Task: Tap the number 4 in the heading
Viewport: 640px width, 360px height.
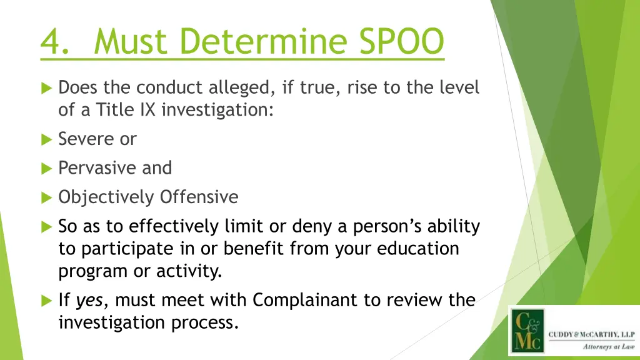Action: (50, 42)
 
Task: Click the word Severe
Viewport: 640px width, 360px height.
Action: (87, 139)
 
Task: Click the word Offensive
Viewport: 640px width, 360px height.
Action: (199, 197)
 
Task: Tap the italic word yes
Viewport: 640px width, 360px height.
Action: (89, 301)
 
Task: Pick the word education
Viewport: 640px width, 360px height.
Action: (417, 249)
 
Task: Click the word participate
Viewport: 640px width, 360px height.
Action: (121, 249)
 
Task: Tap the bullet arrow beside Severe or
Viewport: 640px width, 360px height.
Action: (46, 139)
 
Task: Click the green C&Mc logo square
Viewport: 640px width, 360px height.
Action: (526, 331)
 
